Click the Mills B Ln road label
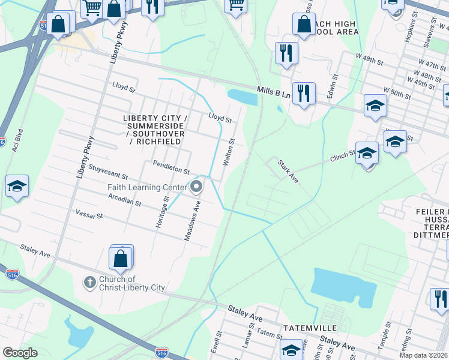pos(274,91)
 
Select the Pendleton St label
pos(171,163)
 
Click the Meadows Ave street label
pos(192,221)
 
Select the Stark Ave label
pos(288,171)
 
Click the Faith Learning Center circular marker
pos(196,188)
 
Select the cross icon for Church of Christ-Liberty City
pos(89,282)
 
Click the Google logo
pos(20,353)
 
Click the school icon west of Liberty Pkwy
pos(17,187)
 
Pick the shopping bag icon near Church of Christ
pos(120,259)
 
